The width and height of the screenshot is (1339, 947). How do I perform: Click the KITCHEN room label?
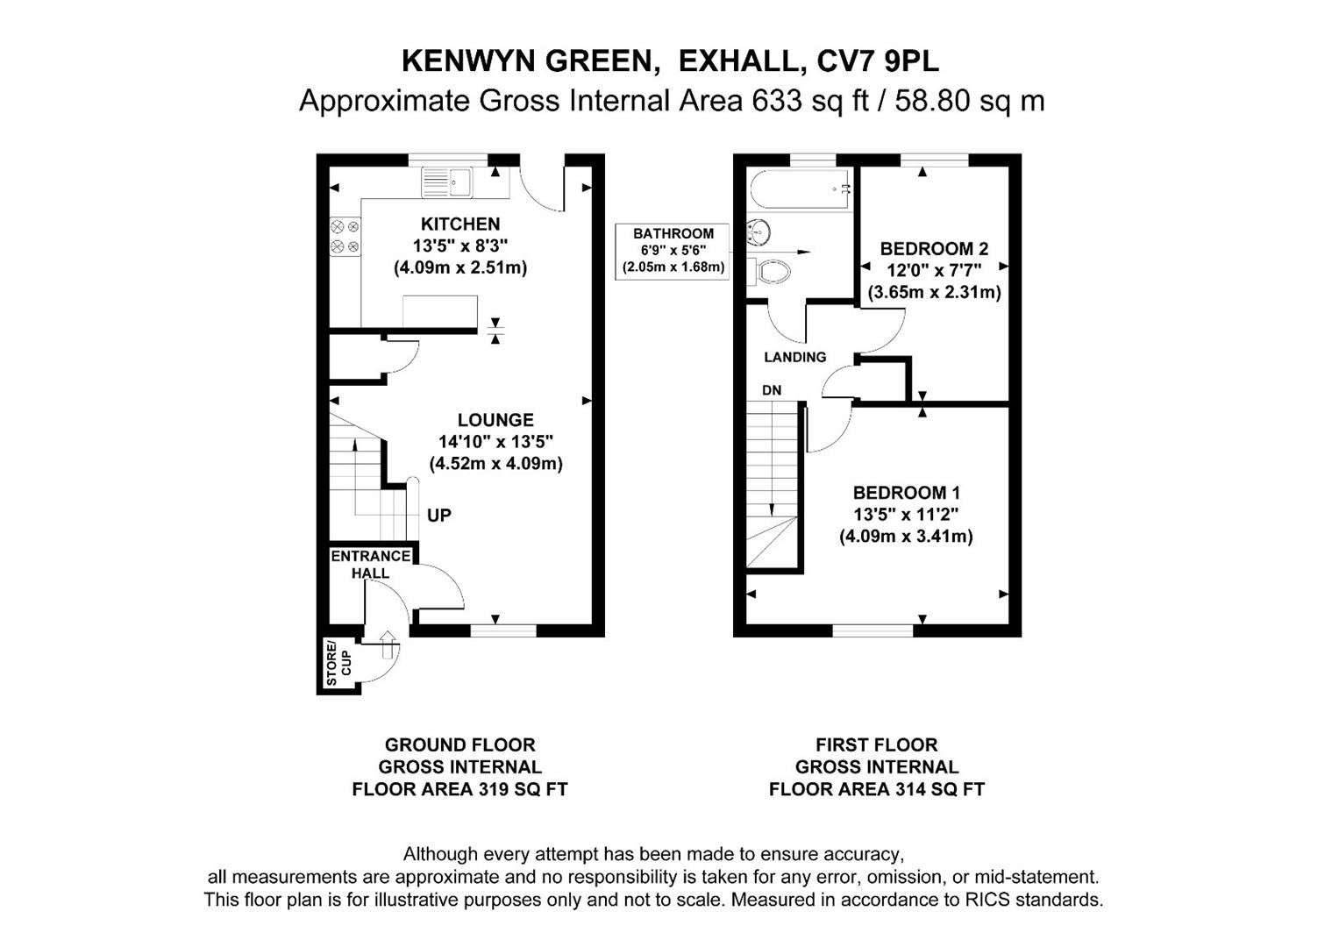click(x=459, y=224)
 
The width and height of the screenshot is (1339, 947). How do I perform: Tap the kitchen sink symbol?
click(x=446, y=182)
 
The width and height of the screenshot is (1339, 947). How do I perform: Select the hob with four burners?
click(x=345, y=237)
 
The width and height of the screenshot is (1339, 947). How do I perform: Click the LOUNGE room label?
click(x=495, y=420)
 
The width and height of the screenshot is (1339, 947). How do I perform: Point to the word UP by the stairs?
click(x=438, y=516)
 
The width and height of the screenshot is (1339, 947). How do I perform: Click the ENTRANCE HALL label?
click(x=370, y=564)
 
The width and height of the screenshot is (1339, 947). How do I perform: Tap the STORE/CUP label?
click(x=338, y=664)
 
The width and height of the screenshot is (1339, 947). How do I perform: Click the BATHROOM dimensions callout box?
click(x=673, y=251)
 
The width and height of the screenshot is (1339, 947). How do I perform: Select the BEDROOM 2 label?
click(x=934, y=249)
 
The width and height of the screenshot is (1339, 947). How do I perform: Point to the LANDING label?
click(x=794, y=357)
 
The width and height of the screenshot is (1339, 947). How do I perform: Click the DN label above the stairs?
click(x=772, y=390)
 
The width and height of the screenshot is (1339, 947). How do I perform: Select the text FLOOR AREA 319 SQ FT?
click(x=459, y=789)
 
